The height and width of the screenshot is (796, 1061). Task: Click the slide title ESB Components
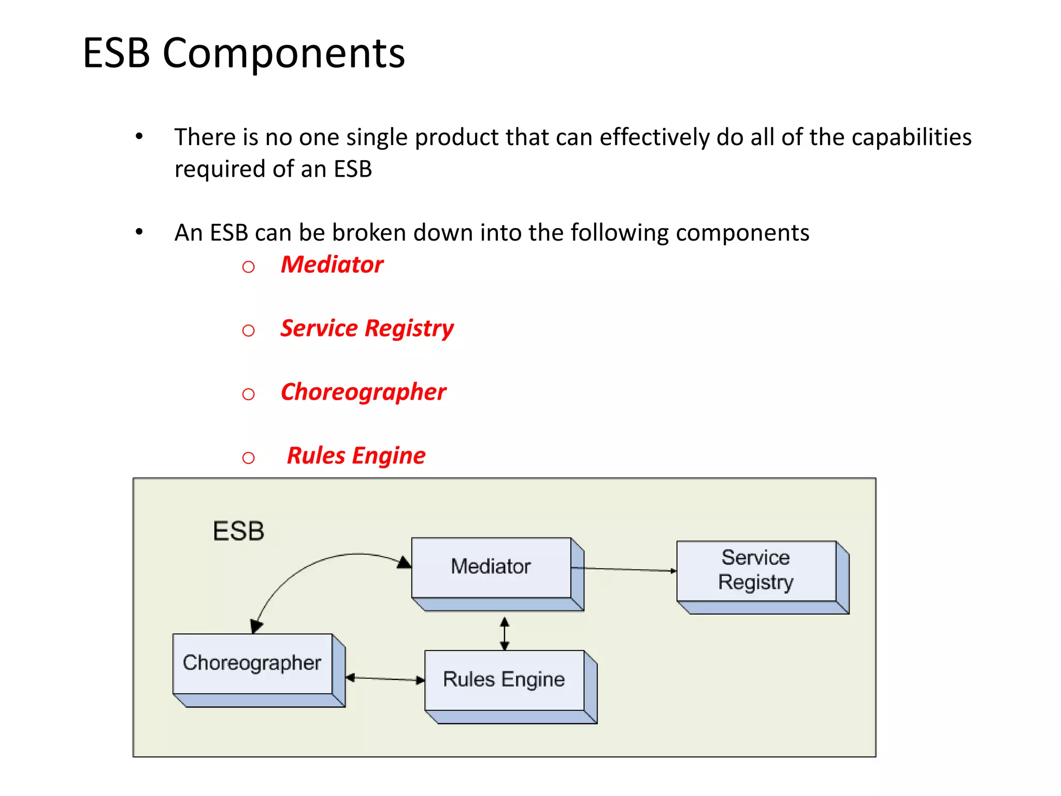(243, 53)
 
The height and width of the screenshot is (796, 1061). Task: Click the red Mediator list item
(332, 265)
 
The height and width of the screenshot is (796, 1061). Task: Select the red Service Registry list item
(367, 329)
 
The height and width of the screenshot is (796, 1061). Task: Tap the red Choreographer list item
(363, 392)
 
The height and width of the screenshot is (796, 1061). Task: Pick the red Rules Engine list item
(356, 456)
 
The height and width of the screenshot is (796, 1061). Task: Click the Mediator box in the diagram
(491, 567)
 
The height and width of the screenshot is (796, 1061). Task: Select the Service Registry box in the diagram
(756, 571)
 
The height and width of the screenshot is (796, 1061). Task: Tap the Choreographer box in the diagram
(252, 663)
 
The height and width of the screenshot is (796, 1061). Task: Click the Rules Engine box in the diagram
(504, 680)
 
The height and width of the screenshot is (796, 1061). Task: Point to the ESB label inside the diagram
(238, 531)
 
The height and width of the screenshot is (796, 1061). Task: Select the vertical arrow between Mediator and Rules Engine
(505, 633)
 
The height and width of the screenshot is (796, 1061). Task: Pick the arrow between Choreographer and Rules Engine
(385, 678)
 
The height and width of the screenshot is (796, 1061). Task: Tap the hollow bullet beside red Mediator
(249, 267)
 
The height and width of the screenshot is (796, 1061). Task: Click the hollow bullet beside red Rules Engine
(249, 458)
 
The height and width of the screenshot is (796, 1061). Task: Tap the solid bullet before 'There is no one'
(139, 137)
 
